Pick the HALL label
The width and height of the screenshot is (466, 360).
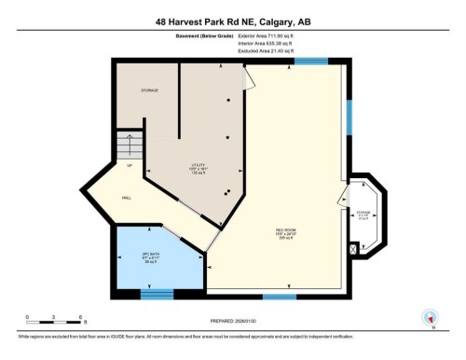point(126,198)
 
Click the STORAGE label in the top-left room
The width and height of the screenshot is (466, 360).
point(149,90)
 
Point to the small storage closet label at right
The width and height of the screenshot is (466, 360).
point(363,212)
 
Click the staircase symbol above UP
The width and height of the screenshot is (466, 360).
point(127,145)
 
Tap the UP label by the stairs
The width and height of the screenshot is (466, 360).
point(129,165)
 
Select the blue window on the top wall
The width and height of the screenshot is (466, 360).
point(311,62)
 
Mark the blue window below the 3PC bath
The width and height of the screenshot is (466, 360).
point(156,293)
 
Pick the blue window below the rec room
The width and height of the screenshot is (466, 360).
point(279,296)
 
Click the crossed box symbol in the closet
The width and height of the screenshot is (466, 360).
point(352,249)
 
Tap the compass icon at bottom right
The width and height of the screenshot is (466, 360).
point(431,317)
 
